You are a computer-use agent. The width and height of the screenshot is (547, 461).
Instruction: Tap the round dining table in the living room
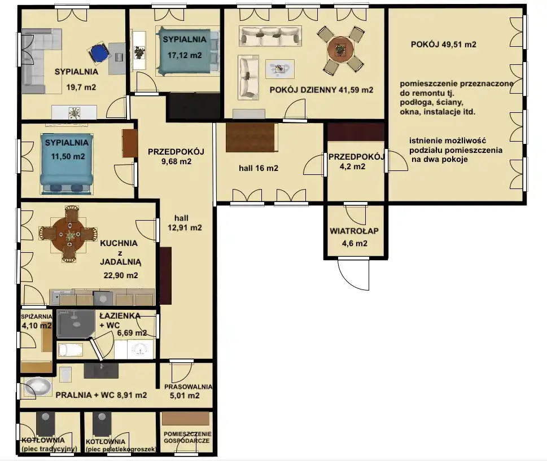coord(340,50)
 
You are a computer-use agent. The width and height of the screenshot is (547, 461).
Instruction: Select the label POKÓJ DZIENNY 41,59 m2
coord(321,90)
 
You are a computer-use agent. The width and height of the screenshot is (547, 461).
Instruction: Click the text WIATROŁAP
coord(354,231)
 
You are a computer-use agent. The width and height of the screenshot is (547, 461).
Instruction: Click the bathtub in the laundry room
coord(38,387)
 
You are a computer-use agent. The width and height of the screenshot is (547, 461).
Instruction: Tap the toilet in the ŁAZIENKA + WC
coord(70,350)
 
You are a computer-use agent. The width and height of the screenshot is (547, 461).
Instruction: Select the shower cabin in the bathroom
coord(76,324)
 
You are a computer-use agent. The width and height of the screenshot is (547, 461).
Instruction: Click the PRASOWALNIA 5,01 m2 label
coord(188,391)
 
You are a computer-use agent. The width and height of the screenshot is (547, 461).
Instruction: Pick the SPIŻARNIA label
coord(36,317)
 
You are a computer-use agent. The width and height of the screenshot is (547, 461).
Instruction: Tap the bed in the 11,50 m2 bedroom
coord(67,164)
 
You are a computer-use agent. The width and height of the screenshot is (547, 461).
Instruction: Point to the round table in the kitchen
coord(68,234)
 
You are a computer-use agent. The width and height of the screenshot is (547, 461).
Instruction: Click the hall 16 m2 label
coord(259,168)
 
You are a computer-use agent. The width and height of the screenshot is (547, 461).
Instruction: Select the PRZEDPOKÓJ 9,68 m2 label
coord(176,156)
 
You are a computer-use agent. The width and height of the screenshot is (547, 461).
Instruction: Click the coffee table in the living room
coord(280,69)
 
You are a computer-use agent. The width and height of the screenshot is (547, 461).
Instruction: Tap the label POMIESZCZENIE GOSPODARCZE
coord(187,437)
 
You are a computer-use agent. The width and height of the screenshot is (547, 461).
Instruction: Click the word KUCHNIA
coord(119,243)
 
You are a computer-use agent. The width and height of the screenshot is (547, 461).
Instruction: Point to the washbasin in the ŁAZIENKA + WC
coord(141,349)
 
